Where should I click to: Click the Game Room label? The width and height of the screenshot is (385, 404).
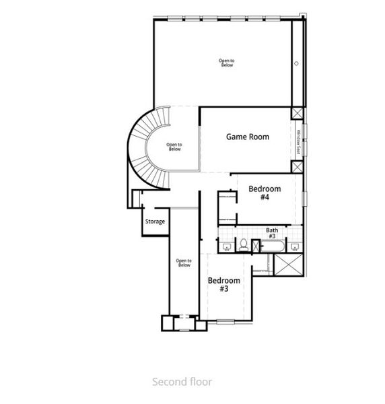(247, 137)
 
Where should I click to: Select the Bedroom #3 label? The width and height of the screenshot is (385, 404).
(223, 284)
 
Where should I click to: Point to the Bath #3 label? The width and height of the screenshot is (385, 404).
(273, 233)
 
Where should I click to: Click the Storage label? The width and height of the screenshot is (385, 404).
(155, 222)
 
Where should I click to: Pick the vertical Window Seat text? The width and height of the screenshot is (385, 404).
(297, 142)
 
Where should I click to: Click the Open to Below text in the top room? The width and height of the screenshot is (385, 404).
(226, 63)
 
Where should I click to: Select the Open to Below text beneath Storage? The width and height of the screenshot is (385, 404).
(184, 263)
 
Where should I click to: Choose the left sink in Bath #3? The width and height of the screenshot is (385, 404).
(227, 246)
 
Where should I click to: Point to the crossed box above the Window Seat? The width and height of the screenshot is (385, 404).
(297, 114)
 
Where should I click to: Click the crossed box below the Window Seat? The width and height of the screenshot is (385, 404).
(297, 166)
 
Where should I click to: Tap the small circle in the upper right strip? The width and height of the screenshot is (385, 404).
(295, 63)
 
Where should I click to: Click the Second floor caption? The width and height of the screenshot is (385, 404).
(182, 382)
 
